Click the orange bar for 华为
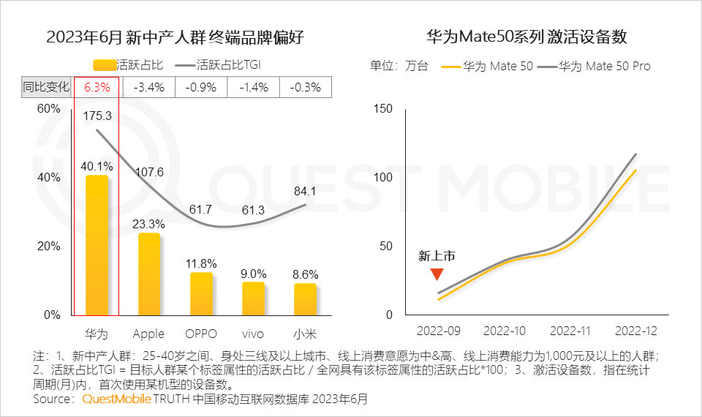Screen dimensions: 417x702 pyautogui.click(x=97, y=246)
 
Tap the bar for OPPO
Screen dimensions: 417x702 pyautogui.click(x=201, y=294)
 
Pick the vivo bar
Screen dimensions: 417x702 pyautogui.click(x=253, y=298)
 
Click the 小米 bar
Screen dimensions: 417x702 pyautogui.click(x=305, y=299)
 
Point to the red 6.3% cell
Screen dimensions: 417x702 pyautogui.click(x=97, y=88)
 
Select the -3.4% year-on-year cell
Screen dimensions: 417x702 pyautogui.click(x=149, y=88)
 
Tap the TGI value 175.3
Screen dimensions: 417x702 pyautogui.click(x=97, y=116)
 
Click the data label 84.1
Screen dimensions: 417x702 pyautogui.click(x=304, y=192)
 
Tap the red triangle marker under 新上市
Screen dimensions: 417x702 pyautogui.click(x=437, y=274)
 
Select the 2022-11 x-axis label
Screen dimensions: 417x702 pyautogui.click(x=570, y=331)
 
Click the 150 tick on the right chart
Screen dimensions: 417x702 pyautogui.click(x=384, y=109)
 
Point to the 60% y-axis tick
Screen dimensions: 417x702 pyautogui.click(x=49, y=109)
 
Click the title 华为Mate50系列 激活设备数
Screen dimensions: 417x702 pyautogui.click(x=527, y=37)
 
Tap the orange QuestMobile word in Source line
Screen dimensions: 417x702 pyautogui.click(x=116, y=399)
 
